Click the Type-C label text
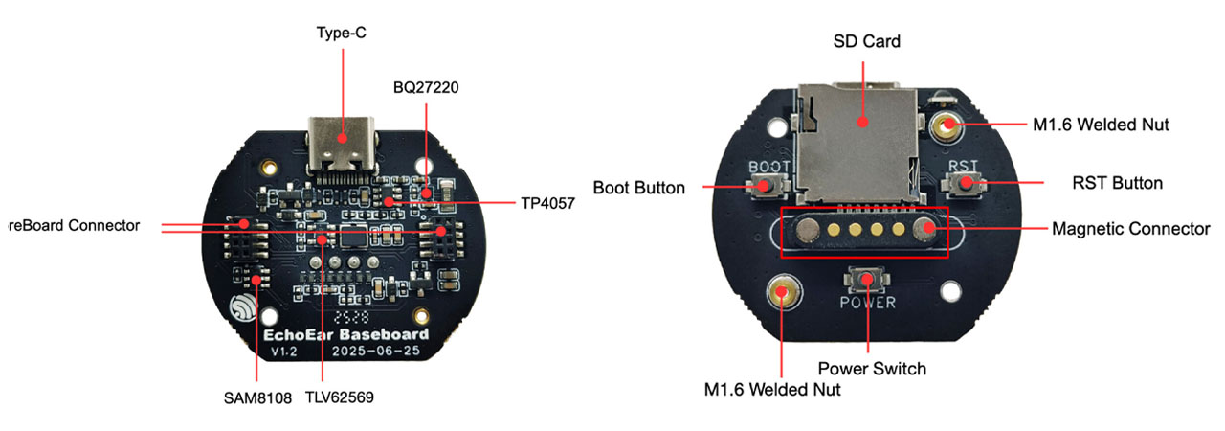(x=342, y=33)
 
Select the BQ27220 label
(x=426, y=87)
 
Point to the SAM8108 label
(x=257, y=397)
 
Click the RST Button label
(x=1117, y=183)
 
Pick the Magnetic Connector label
(x=1130, y=229)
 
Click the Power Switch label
(x=872, y=367)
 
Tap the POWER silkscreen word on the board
(x=867, y=303)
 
